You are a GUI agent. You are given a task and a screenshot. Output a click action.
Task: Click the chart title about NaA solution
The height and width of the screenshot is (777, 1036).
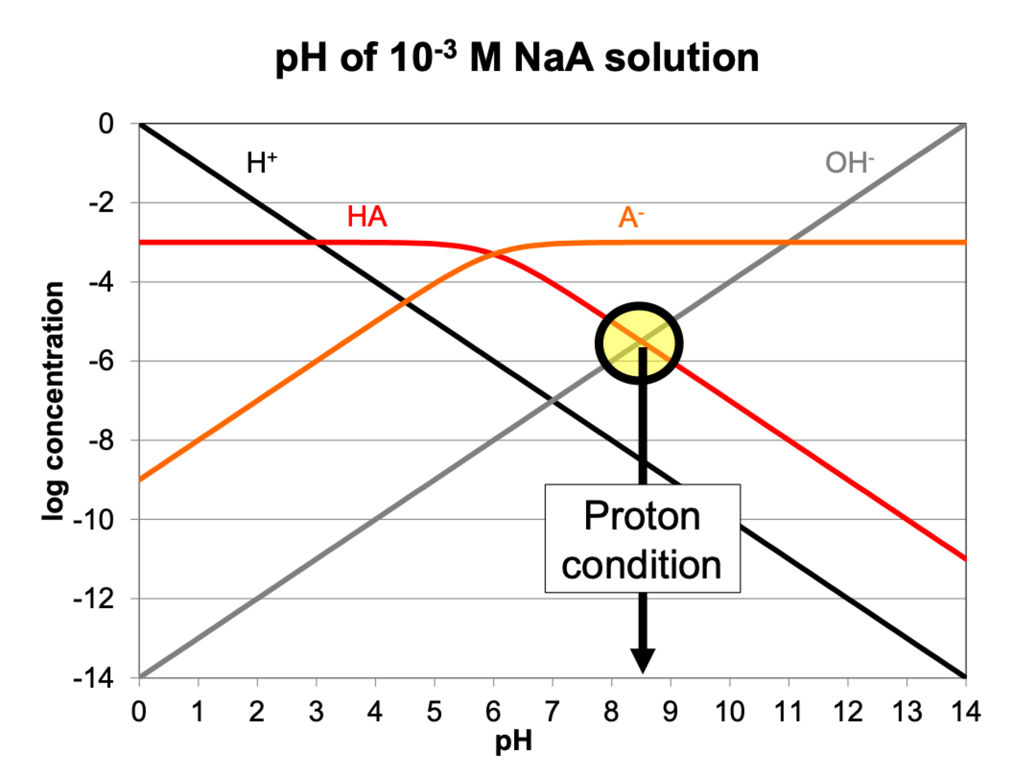pyautogui.click(x=517, y=59)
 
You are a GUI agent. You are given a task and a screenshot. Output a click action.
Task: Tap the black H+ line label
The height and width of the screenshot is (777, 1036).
pyautogui.click(x=261, y=163)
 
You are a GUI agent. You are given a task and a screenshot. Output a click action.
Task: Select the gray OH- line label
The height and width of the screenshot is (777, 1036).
pyautogui.click(x=849, y=163)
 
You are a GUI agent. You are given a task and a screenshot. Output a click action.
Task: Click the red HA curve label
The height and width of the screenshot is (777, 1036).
pyautogui.click(x=367, y=217)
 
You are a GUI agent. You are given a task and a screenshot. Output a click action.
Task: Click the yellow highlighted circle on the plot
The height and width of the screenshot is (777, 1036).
pyautogui.click(x=638, y=343)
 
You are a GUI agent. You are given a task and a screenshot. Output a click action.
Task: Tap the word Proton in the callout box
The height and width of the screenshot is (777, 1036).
pyautogui.click(x=642, y=517)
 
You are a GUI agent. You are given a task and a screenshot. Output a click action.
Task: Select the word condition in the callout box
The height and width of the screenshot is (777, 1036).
pyautogui.click(x=642, y=565)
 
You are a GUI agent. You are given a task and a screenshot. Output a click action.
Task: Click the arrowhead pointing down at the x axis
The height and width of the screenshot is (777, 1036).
pyautogui.click(x=642, y=660)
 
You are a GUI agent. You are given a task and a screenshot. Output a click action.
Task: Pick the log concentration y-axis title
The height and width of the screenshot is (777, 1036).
pyautogui.click(x=53, y=401)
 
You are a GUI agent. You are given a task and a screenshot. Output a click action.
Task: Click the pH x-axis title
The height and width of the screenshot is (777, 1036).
pyautogui.click(x=514, y=742)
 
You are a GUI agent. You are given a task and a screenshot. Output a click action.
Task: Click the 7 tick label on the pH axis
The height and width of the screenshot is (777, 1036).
pyautogui.click(x=553, y=712)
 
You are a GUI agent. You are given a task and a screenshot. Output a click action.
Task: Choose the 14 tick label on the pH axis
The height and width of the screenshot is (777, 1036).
pyautogui.click(x=965, y=712)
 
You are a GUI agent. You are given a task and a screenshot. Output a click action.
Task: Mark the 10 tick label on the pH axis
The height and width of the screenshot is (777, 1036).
pyautogui.click(x=730, y=712)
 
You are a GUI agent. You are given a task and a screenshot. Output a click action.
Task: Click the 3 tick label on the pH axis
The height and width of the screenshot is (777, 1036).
pyautogui.click(x=316, y=712)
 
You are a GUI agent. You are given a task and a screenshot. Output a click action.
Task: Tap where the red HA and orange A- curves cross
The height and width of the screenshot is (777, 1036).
pyautogui.click(x=494, y=255)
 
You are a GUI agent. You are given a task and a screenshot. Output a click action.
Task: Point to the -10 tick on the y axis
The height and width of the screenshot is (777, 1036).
pyautogui.click(x=94, y=520)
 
